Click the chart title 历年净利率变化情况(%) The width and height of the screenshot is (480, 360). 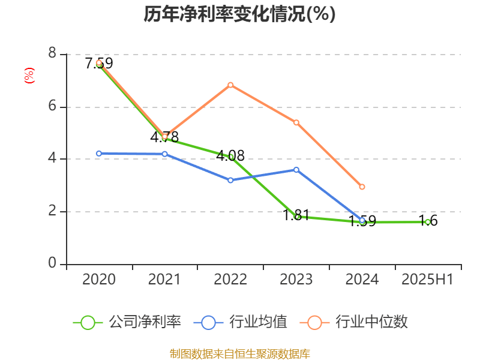[239, 14]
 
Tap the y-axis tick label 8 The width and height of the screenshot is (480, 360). [52, 54]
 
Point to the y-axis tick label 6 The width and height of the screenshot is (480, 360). [52, 107]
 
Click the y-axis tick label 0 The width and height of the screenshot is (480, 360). [52, 264]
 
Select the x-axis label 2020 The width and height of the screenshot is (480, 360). [99, 280]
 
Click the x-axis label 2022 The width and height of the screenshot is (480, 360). [230, 280]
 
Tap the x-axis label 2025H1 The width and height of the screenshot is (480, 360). [427, 280]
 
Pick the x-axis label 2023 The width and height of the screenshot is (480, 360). [296, 280]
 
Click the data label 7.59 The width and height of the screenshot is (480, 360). [99, 63]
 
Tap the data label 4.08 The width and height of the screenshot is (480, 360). [230, 156]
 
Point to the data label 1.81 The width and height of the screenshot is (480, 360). [296, 215]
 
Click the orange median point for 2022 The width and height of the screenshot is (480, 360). [230, 85]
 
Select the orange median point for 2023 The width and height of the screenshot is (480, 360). [296, 122]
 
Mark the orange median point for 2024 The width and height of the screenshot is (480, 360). [362, 187]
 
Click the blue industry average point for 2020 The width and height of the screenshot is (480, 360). [99, 153]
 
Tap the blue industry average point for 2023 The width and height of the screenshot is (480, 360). [296, 169]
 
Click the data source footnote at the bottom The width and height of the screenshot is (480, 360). [239, 353]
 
